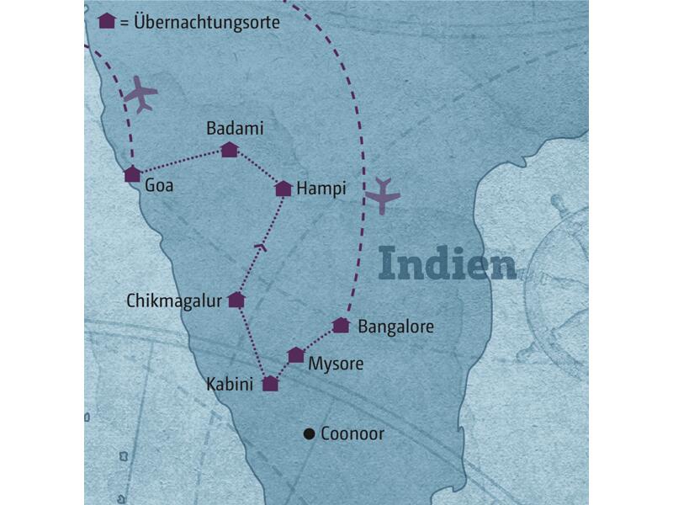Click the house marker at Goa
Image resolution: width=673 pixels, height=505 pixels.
point(132,174)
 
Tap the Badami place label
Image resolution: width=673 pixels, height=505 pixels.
point(235,129)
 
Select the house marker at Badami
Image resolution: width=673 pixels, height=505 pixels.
point(229,150)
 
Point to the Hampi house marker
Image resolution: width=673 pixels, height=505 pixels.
point(284,189)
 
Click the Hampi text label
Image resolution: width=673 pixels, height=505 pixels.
point(321,189)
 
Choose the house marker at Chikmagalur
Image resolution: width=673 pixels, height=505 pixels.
point(236,300)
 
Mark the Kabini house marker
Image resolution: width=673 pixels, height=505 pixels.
point(270,384)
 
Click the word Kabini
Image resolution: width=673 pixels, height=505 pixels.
point(230,385)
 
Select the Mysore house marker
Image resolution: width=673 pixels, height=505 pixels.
point(296,355)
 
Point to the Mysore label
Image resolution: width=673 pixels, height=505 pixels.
point(336,364)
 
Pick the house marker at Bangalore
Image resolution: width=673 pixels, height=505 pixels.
point(341,325)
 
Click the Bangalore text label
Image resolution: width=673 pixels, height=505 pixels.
point(395,326)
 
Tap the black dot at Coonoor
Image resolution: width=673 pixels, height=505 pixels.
point(309,434)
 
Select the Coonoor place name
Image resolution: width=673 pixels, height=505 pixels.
point(352,434)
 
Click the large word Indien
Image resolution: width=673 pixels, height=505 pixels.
point(447,263)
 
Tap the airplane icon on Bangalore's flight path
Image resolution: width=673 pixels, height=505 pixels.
point(383,196)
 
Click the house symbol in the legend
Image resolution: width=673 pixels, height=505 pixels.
point(107,22)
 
